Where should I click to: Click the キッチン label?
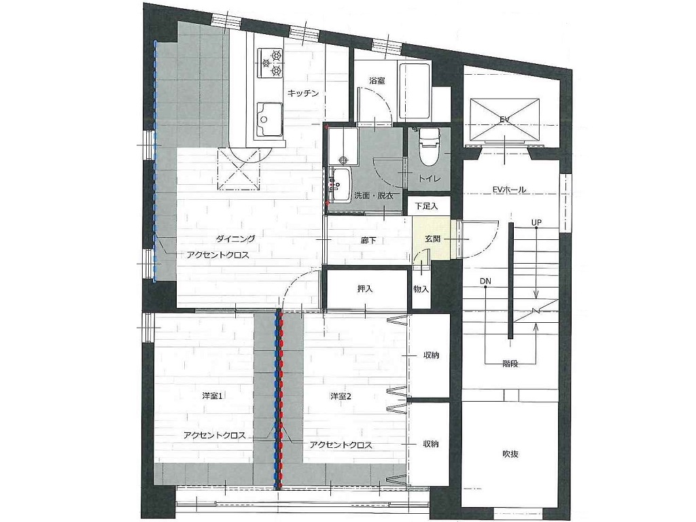pos(303,93)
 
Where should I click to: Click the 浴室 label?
pos(377,81)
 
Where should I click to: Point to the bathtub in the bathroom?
pos(415,92)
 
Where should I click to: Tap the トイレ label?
pos(430,179)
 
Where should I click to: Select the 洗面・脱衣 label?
pos(373,195)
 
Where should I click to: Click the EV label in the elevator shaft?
pos(505,120)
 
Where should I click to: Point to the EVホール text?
pos(509,190)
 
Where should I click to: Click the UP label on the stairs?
pos(537,222)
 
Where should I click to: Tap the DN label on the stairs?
pos(485,281)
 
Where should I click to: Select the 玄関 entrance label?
pos(432,239)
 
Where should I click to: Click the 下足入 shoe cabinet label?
pos(426,206)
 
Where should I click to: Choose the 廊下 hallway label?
pos(368,240)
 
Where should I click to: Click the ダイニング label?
pos(236,239)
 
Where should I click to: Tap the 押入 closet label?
pos(365,288)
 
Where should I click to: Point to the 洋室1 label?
pos(212,396)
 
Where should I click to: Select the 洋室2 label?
pos(341,396)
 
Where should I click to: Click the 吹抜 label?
pos(510,454)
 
